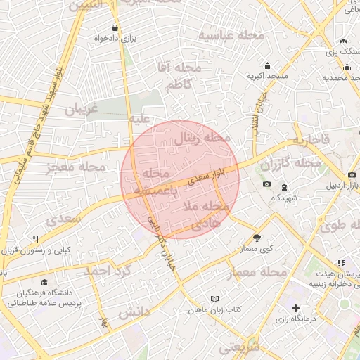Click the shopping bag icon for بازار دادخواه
115,28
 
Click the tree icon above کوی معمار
257,238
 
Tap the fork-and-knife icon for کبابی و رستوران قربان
35,240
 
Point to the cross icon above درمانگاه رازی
295,308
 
